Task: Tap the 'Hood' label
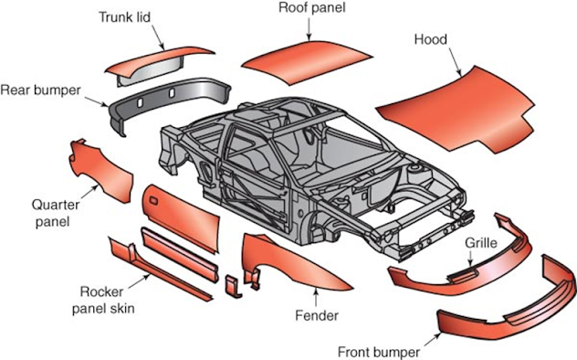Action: point(429,39)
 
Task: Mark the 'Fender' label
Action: point(316,315)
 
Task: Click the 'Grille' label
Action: point(480,244)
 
